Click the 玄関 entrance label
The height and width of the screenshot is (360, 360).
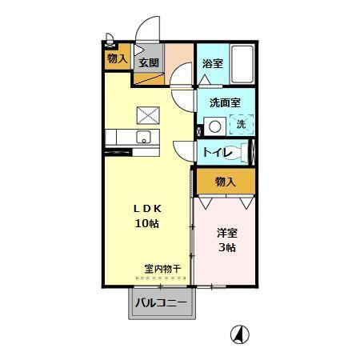click(x=148, y=62)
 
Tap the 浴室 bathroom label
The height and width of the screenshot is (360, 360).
click(x=211, y=63)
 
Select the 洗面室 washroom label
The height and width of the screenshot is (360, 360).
click(x=225, y=103)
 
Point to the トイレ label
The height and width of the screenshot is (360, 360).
click(x=217, y=152)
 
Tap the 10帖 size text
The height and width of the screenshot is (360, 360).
click(x=146, y=223)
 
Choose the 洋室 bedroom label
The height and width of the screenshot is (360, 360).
click(x=227, y=234)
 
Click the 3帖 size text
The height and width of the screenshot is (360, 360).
click(x=227, y=248)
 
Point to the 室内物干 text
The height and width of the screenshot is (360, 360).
click(x=163, y=269)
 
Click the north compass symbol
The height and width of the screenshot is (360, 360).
click(x=238, y=334)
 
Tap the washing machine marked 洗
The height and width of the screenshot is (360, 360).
click(x=240, y=125)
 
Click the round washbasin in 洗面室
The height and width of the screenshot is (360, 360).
click(x=214, y=126)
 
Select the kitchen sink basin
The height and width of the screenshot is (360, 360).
click(x=144, y=135)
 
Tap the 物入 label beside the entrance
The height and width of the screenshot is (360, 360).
click(x=117, y=58)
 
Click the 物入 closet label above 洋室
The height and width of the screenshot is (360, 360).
click(x=226, y=182)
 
